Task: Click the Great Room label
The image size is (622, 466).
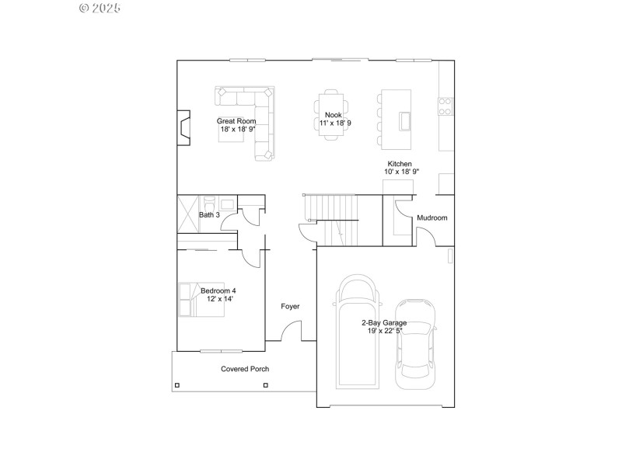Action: click(236, 121)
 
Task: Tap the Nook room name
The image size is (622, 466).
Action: click(333, 115)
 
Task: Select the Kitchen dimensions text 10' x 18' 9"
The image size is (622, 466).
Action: click(401, 172)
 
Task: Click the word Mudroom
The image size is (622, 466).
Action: click(432, 218)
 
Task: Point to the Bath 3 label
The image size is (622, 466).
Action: click(209, 215)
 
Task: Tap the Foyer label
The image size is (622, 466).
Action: click(290, 307)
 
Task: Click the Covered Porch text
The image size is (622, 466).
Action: click(245, 369)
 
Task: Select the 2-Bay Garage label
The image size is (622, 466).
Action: click(383, 322)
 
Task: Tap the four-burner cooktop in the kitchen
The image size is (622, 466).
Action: click(446, 106)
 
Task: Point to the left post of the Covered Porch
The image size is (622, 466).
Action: click(177, 385)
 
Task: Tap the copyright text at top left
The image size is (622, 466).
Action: click(100, 8)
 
